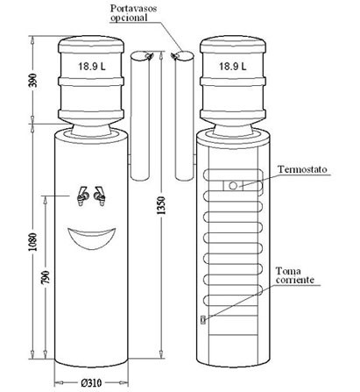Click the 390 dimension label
[34, 80]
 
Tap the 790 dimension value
[46, 277]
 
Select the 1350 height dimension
[161, 205]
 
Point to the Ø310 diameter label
[91, 382]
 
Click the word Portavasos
[133, 8]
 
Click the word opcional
[129, 18]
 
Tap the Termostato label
[302, 169]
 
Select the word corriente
[295, 280]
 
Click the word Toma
[288, 271]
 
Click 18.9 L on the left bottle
[92, 67]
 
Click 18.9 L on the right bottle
[233, 67]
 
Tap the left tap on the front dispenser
[82, 196]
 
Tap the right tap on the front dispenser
[100, 196]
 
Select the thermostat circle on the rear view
[233, 186]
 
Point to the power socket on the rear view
[203, 319]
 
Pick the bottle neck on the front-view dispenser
[91, 130]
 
